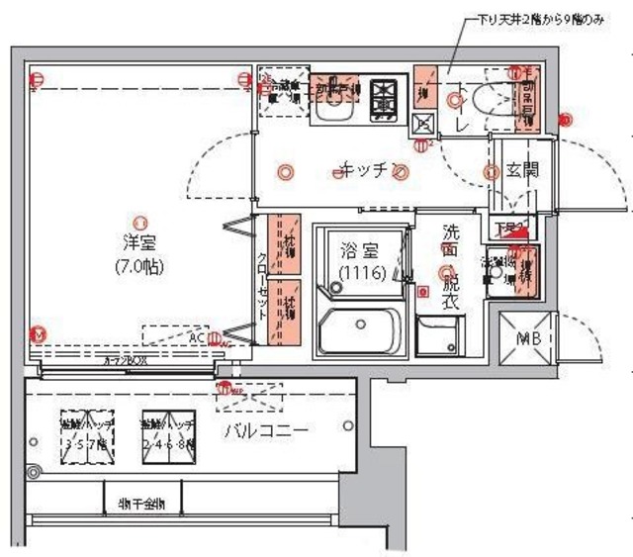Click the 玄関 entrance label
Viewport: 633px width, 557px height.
coord(521,169)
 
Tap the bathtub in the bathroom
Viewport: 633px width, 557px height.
coord(360,332)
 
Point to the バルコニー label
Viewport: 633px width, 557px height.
coord(264,430)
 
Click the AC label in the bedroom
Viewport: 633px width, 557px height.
coord(198,336)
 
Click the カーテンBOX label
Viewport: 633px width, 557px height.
coord(126,362)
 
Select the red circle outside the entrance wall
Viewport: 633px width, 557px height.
coord(565,121)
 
